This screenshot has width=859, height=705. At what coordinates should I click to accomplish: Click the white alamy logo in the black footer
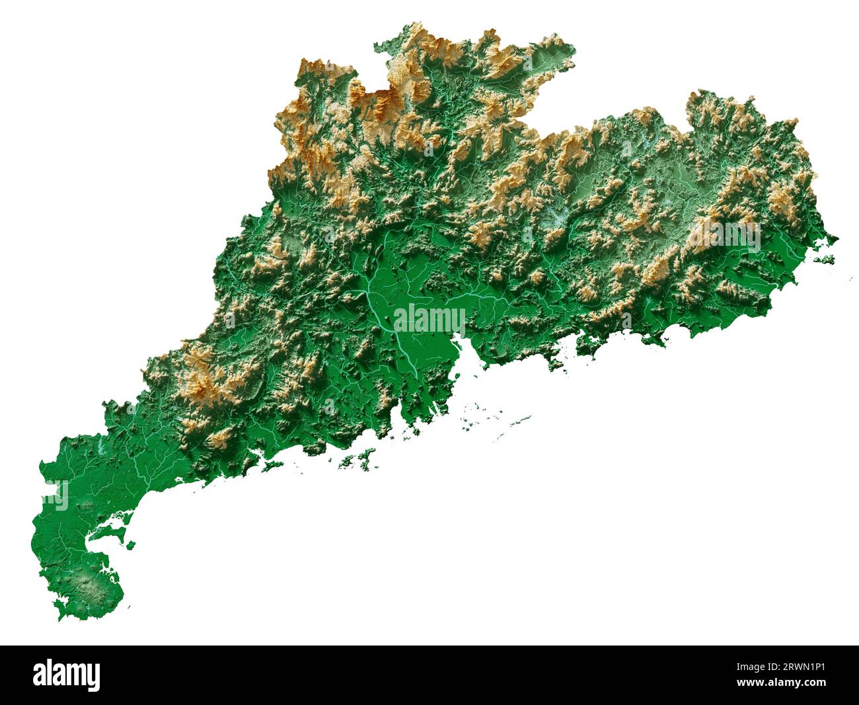[x=67, y=675]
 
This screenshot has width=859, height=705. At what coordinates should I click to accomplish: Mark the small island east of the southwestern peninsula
[x=131, y=546]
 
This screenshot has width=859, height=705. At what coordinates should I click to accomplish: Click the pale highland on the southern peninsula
[x=89, y=585]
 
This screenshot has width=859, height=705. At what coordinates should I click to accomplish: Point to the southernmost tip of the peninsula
[x=63, y=618]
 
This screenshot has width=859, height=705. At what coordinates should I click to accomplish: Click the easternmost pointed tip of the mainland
[x=837, y=239]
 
